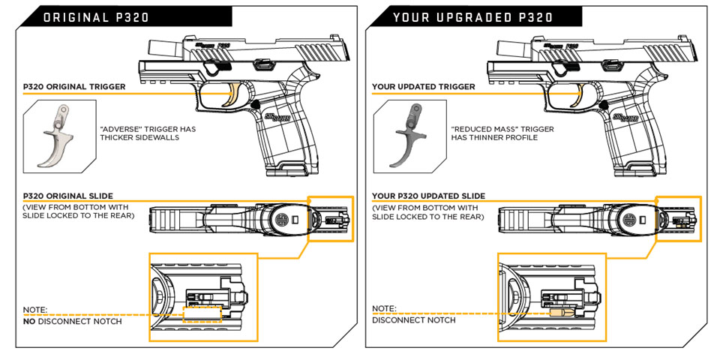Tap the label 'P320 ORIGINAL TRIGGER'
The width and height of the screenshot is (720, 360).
point(73,87)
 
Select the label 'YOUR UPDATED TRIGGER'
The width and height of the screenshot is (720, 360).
point(424,87)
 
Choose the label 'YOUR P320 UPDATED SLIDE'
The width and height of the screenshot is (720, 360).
point(428,196)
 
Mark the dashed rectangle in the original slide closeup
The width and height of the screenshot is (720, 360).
point(202,313)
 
